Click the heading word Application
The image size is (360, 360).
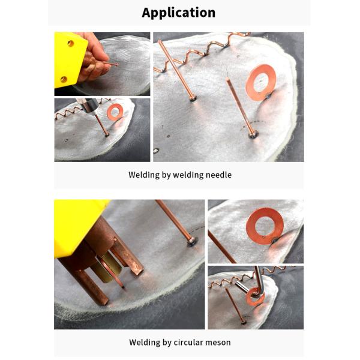(x=179, y=13)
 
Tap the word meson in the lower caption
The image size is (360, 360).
(x=218, y=343)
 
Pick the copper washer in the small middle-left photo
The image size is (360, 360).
(x=115, y=111)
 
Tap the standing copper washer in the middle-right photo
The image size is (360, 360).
(x=265, y=226)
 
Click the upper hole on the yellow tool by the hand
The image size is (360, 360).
(x=70, y=44)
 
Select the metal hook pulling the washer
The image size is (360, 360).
(x=257, y=279)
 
